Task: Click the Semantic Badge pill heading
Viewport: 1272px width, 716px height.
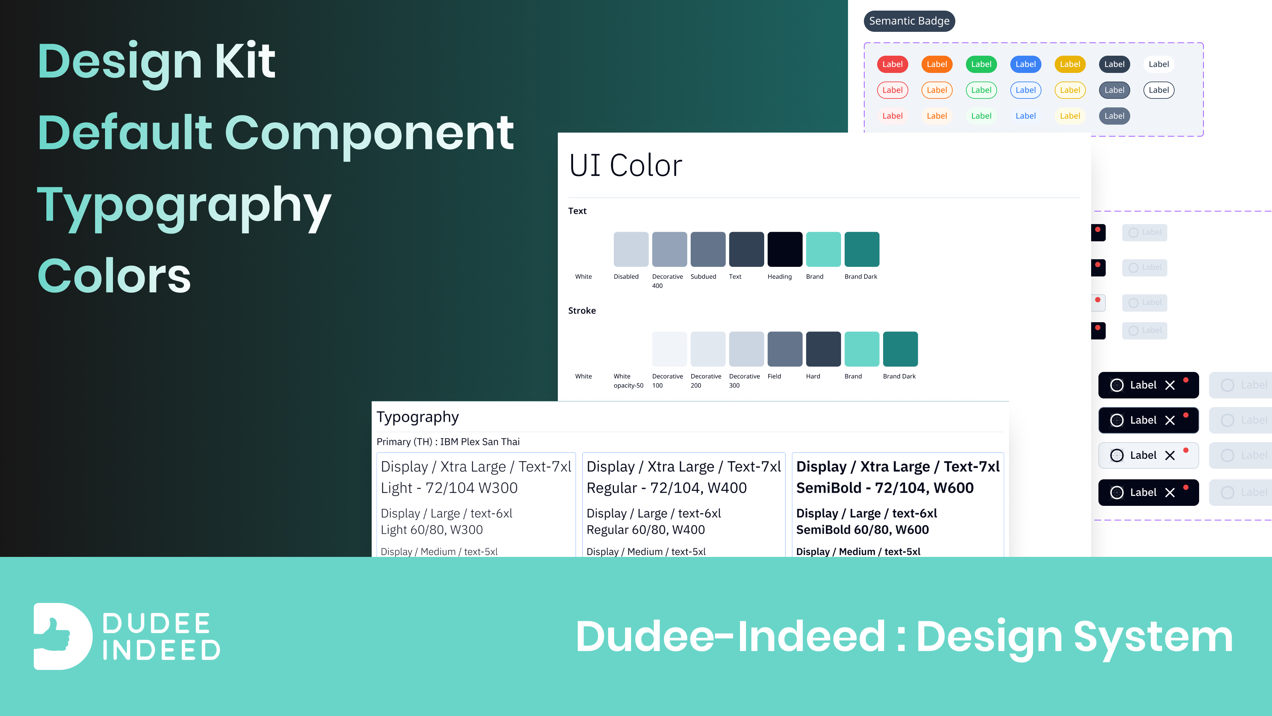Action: tap(909, 21)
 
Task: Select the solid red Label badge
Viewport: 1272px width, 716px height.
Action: tap(892, 64)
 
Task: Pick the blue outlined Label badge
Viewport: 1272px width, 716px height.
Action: tap(1025, 90)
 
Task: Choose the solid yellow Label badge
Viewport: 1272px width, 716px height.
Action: tap(1070, 64)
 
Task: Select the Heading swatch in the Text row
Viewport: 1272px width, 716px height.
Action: tap(785, 249)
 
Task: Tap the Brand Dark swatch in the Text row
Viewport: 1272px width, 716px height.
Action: tap(862, 249)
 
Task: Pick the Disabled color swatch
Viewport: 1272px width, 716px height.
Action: tap(631, 249)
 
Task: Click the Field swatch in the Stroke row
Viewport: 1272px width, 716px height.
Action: tap(785, 349)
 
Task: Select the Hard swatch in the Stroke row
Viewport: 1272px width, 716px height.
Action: tap(823, 349)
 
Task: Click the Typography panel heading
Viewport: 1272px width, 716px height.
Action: tap(418, 417)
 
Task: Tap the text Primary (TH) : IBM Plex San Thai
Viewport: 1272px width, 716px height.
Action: tap(448, 442)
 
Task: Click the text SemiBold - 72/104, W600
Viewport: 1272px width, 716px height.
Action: tap(885, 488)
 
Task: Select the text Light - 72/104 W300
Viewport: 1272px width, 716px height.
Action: tap(449, 488)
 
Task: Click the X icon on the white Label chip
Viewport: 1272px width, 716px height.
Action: tap(1170, 455)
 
